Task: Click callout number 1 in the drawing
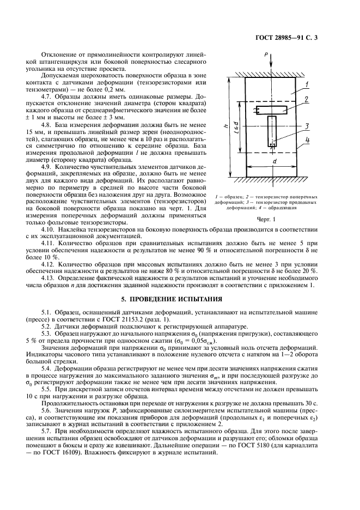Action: pyautogui.click(x=308, y=84)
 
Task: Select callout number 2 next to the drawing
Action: pyautogui.click(x=308, y=99)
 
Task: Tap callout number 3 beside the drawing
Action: pyautogui.click(x=308, y=126)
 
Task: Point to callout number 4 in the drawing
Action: pyautogui.click(x=308, y=140)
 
